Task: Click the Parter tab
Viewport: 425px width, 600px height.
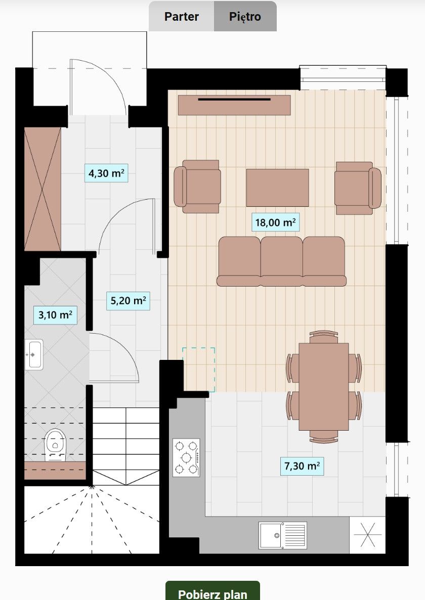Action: point(182,17)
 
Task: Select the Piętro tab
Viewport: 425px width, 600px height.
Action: point(245,17)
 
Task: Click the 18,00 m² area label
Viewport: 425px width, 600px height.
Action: point(275,222)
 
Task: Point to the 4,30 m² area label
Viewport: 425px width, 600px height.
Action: point(106,173)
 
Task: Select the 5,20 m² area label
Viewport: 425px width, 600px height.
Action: point(128,300)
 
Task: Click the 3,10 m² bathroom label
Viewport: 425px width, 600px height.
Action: point(55,315)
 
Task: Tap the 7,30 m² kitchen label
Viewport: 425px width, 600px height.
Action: point(302,466)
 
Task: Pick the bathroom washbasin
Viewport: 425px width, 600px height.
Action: point(34,354)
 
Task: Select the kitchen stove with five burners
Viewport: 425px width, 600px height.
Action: point(186,457)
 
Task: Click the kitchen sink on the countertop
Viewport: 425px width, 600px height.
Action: point(282,535)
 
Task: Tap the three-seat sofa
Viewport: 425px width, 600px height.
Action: point(281,261)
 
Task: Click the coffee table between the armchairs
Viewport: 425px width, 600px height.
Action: point(277,188)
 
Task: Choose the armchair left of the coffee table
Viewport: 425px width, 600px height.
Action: point(197,187)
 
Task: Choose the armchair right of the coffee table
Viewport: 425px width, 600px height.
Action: point(358,188)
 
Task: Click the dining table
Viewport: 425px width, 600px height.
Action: point(323,387)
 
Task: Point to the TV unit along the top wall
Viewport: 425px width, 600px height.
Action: point(234,105)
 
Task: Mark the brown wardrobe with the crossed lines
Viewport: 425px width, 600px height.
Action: point(42,189)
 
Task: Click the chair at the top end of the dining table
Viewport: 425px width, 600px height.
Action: point(323,336)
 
